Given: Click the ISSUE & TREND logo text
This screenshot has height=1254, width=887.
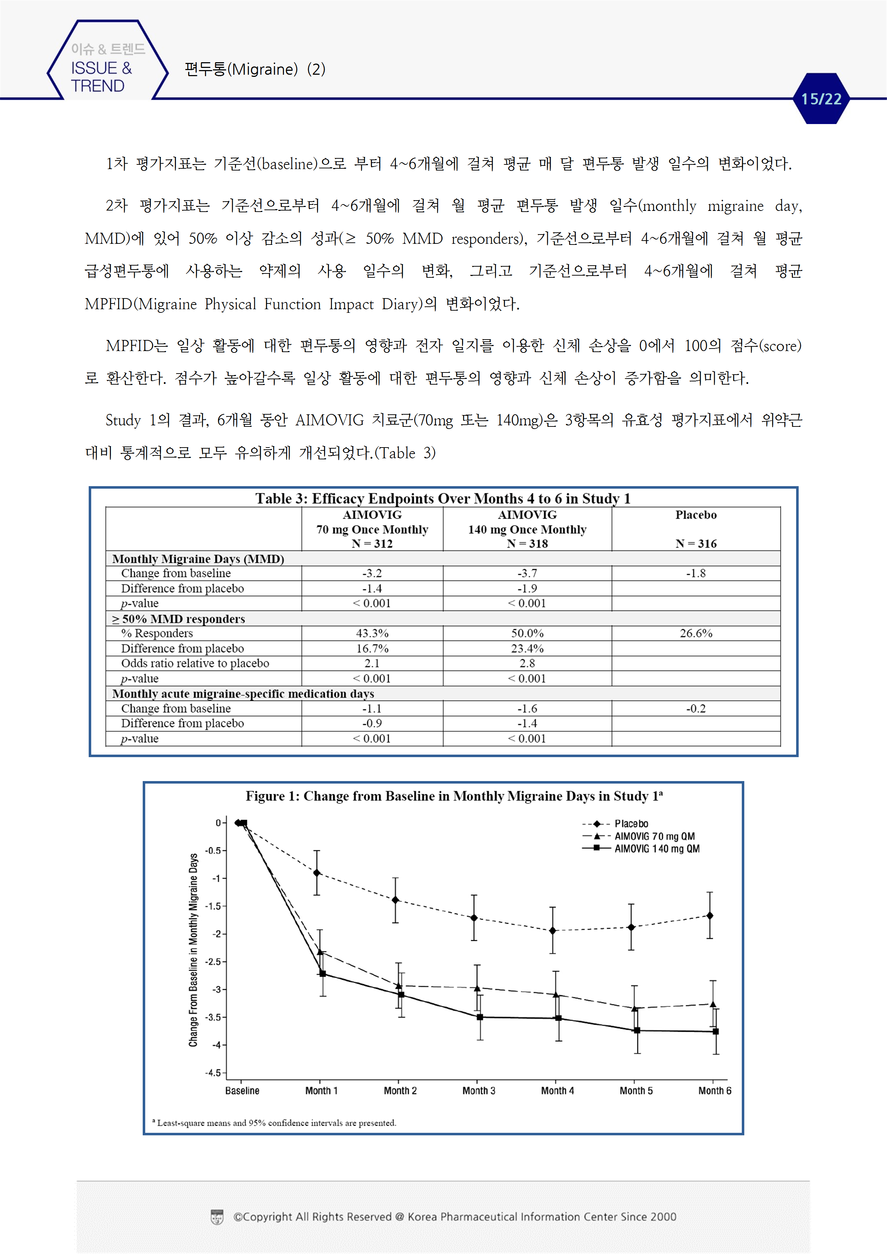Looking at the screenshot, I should click(101, 76).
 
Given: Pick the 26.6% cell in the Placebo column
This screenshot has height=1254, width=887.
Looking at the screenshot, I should click(695, 633).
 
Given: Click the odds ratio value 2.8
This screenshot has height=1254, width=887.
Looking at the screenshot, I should click(527, 663).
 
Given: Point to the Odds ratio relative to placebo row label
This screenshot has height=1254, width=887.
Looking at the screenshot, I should click(195, 663).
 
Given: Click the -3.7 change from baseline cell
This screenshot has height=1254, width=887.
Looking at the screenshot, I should click(527, 573).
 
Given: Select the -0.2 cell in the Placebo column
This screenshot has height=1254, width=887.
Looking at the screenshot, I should click(695, 709).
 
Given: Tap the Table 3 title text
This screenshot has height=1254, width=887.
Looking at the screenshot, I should click(443, 498).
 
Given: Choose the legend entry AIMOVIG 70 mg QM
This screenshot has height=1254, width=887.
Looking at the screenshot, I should click(654, 836).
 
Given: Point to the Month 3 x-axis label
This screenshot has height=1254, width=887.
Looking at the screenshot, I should click(478, 1091).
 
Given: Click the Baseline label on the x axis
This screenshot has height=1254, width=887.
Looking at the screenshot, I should click(242, 1091).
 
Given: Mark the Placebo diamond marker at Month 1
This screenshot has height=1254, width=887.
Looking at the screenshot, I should click(317, 873).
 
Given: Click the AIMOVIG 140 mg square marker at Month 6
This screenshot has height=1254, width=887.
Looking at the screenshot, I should click(715, 1031).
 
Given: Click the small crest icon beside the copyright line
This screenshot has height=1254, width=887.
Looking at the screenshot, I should click(217, 1217).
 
